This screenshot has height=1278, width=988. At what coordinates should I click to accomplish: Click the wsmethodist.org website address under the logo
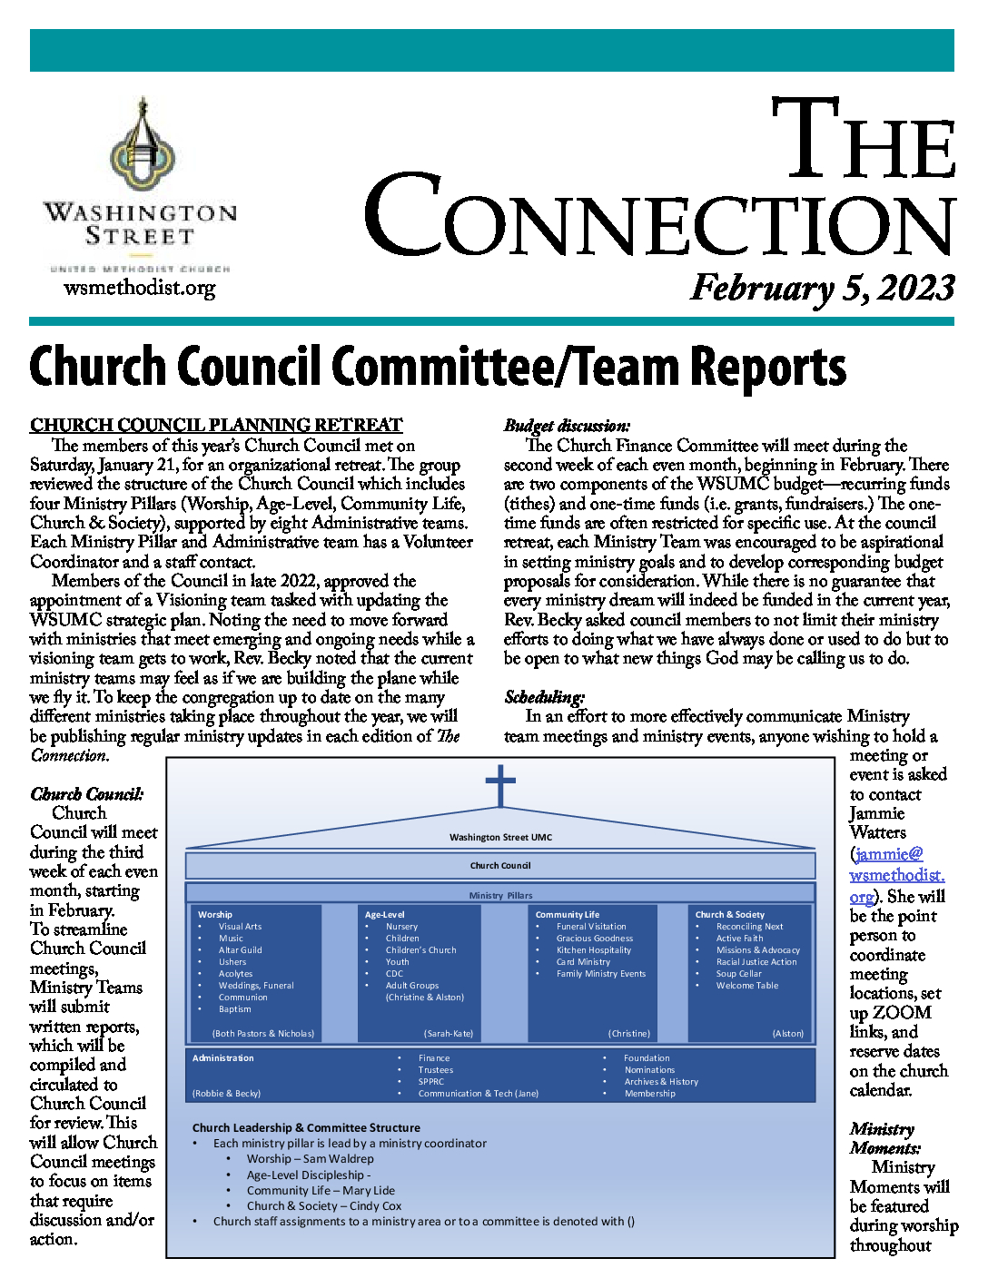[x=139, y=289]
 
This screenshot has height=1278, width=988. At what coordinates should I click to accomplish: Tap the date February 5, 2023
[x=822, y=288]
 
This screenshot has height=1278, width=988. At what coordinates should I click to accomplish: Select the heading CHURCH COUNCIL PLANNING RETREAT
[x=216, y=425]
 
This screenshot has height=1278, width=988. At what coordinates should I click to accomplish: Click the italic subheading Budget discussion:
[x=567, y=425]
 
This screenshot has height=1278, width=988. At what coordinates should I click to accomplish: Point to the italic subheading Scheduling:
[x=544, y=696]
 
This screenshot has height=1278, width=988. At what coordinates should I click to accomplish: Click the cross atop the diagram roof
[x=500, y=785]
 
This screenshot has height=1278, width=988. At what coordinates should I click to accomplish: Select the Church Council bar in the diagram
[x=500, y=865]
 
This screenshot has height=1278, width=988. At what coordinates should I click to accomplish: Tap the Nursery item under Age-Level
[x=401, y=927]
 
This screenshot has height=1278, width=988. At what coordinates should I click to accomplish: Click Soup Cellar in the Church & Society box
[x=738, y=974]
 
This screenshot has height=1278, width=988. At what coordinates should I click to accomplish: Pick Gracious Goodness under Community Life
[x=595, y=939]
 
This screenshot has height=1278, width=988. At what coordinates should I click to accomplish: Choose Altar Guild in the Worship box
[x=240, y=950]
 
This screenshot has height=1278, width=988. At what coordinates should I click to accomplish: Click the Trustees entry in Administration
[x=436, y=1070]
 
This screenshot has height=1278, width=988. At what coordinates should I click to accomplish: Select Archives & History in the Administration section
[x=661, y=1082]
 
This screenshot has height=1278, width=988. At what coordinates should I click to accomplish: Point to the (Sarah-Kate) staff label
[x=449, y=1034]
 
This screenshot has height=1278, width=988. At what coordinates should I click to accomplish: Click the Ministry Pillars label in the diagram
[x=500, y=895]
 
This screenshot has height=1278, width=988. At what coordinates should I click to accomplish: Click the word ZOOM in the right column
[x=902, y=1013]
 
